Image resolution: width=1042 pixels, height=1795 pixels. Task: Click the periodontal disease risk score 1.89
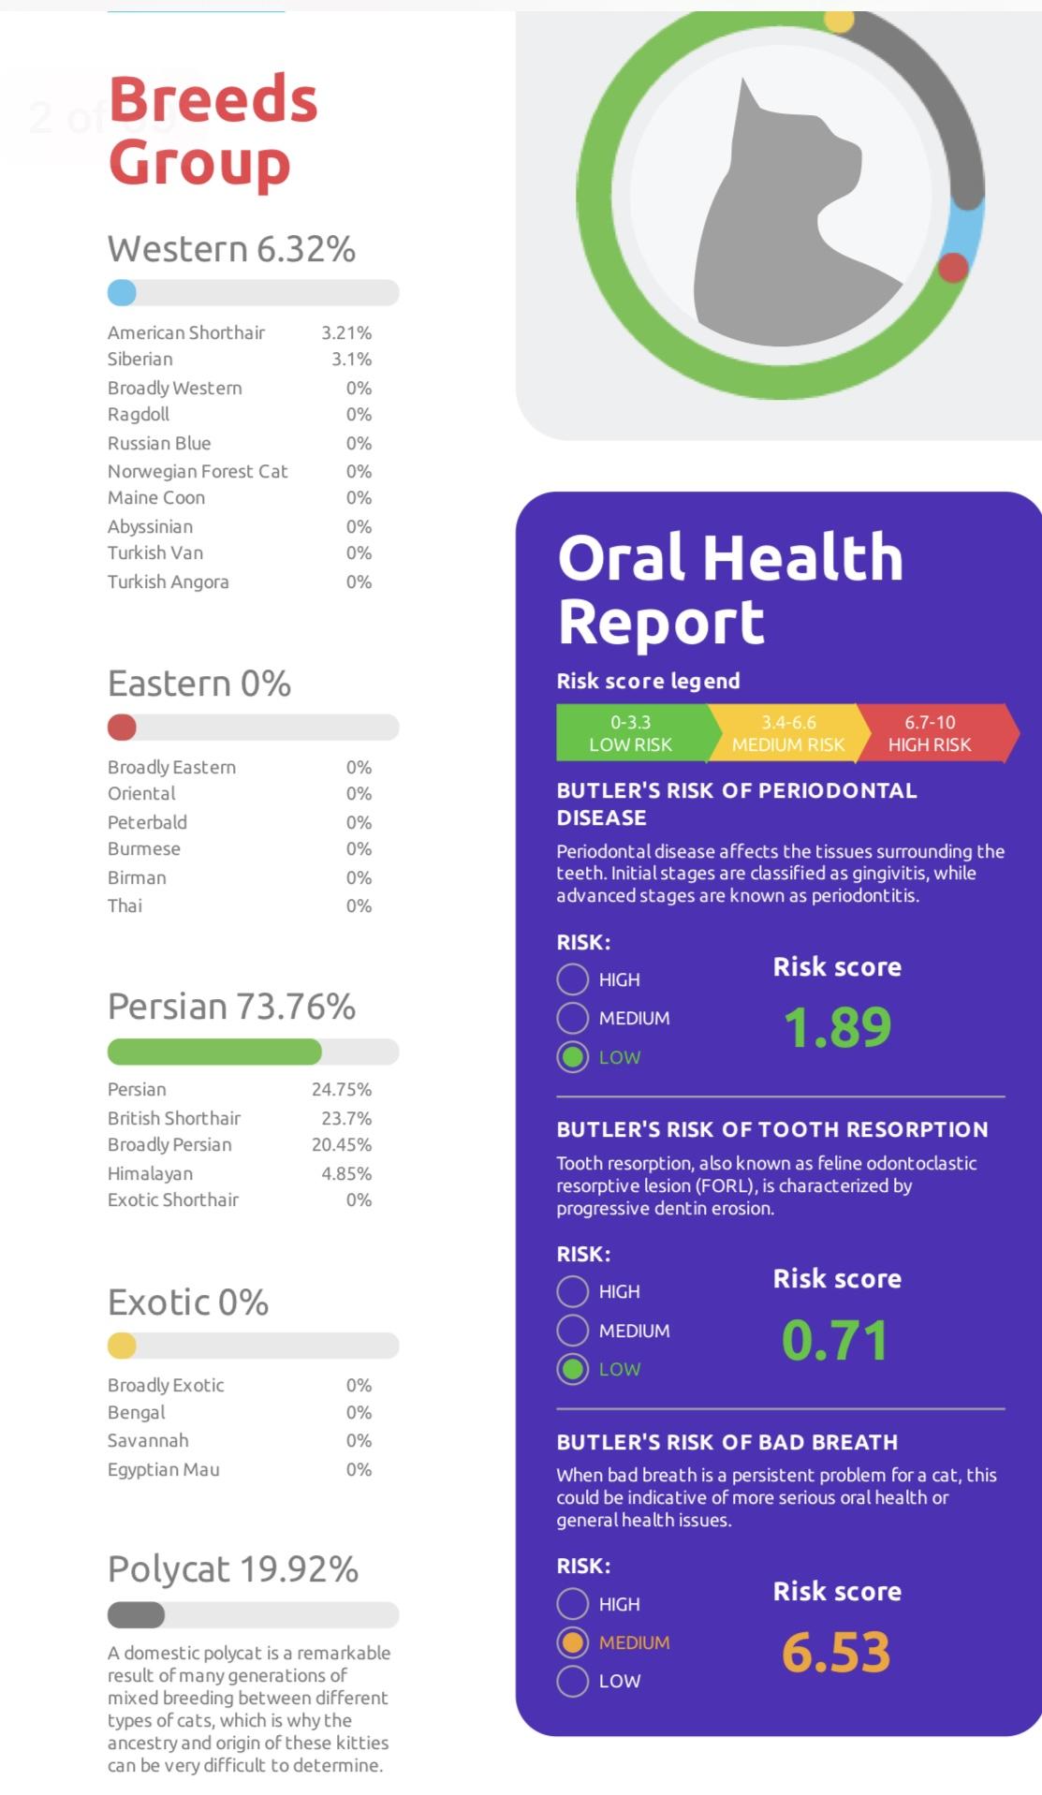tap(837, 1027)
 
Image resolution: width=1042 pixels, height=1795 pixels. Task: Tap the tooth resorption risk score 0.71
tap(834, 1340)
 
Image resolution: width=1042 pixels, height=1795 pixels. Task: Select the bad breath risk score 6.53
tap(836, 1652)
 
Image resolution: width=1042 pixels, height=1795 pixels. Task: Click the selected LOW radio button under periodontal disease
tap(573, 1057)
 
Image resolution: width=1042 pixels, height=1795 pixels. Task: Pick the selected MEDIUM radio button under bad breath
tap(573, 1642)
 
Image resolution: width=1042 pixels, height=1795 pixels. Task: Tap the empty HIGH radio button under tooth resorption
tap(573, 1291)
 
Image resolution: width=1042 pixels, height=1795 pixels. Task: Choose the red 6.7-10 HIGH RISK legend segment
tap(936, 733)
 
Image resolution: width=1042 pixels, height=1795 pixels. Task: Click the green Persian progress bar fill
tap(214, 1052)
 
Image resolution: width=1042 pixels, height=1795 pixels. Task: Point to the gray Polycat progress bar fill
tap(136, 1615)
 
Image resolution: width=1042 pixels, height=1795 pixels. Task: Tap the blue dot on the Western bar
tap(122, 293)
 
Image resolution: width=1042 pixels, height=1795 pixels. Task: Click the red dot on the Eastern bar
tap(122, 728)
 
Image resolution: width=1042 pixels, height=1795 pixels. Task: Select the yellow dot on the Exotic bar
tap(122, 1346)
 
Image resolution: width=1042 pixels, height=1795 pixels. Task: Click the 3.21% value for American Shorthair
tap(346, 332)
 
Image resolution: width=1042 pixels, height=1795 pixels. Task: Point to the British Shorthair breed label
tap(174, 1118)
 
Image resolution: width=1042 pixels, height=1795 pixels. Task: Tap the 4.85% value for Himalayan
tap(346, 1173)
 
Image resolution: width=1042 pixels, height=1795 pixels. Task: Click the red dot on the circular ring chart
tap(953, 268)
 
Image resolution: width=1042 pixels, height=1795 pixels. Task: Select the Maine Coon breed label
tap(156, 498)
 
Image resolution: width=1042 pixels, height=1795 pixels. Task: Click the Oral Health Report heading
tap(730, 589)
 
